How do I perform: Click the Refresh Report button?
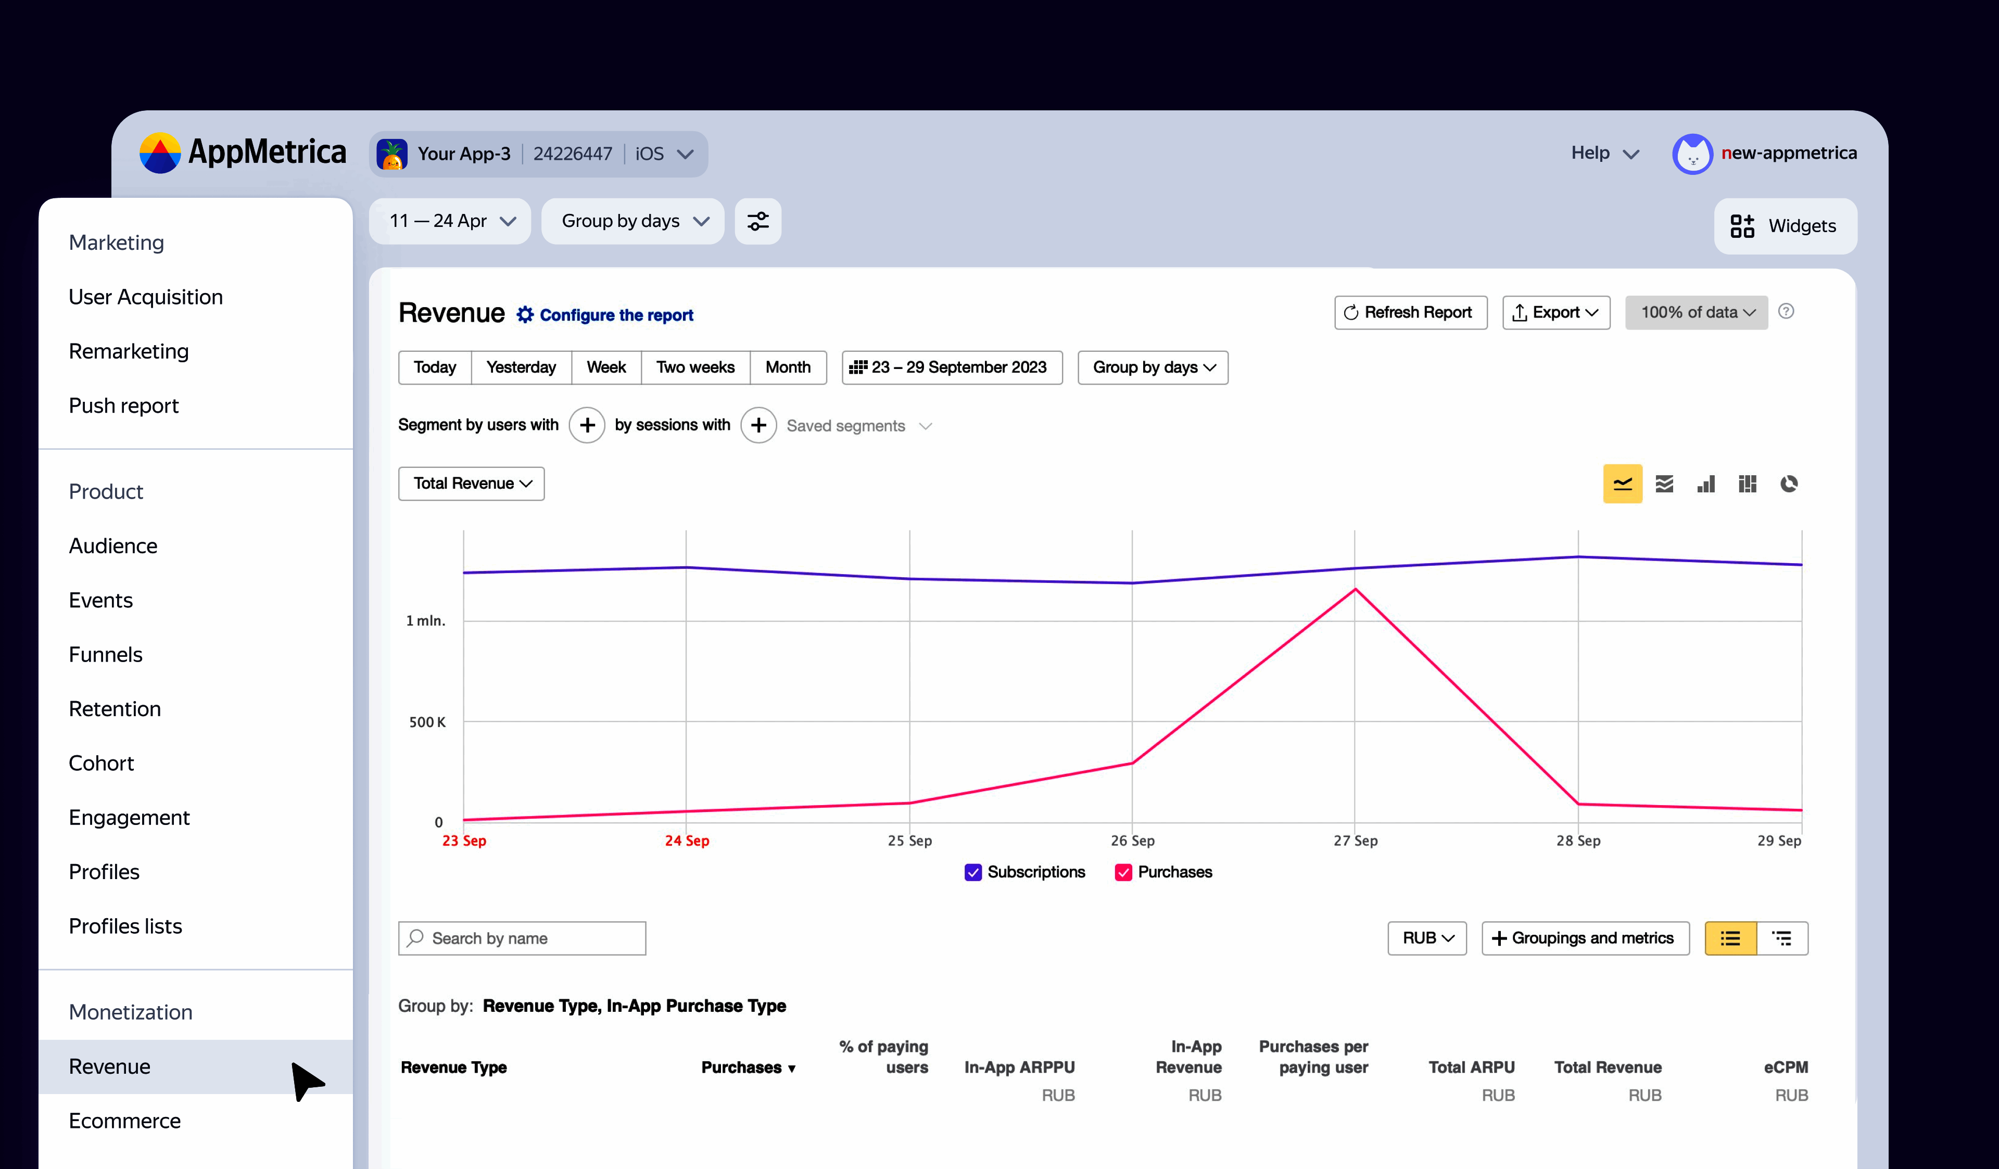(x=1410, y=312)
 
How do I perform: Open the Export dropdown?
(x=1555, y=312)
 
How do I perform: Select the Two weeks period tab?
(x=695, y=367)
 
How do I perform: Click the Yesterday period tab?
(x=521, y=367)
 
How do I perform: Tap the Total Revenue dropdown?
(x=471, y=483)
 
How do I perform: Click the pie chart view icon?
(x=1789, y=484)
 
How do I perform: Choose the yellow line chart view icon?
(x=1622, y=484)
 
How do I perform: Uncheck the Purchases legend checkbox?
(x=1123, y=872)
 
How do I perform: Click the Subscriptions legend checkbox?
(x=973, y=872)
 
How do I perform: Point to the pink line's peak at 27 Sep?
(x=1355, y=589)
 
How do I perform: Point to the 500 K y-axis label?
(x=427, y=722)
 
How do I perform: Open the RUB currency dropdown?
(x=1426, y=938)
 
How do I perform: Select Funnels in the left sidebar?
(x=106, y=654)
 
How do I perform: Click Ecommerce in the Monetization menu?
(x=124, y=1121)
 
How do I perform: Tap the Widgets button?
(x=1785, y=226)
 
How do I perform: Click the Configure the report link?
(x=615, y=315)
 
